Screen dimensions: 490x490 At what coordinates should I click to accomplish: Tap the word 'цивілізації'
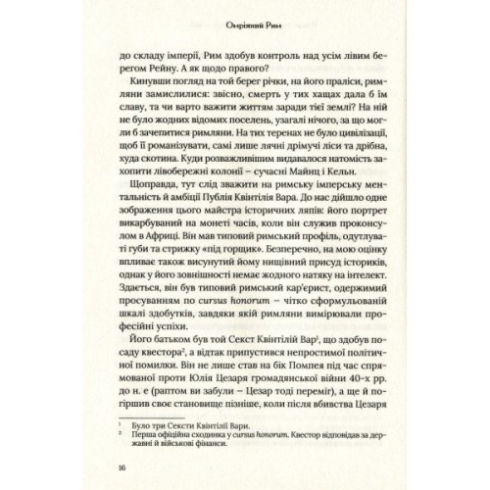click(x=344, y=148)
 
